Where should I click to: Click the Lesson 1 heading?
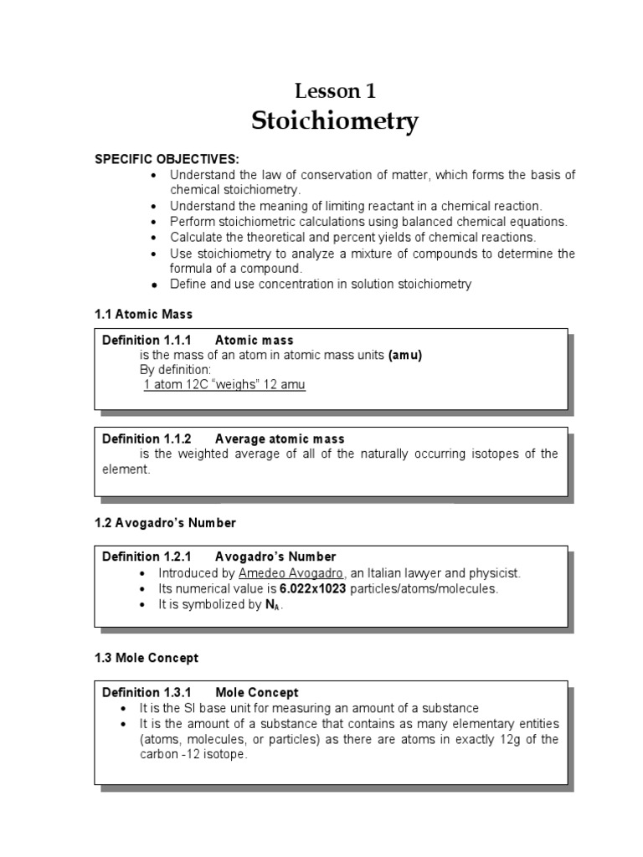tap(335, 91)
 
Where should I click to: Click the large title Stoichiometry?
tap(335, 121)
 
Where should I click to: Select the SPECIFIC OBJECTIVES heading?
tap(167, 159)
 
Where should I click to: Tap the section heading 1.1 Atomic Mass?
tap(142, 314)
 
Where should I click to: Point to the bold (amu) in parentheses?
tap(404, 355)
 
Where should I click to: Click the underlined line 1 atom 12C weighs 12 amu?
tap(224, 385)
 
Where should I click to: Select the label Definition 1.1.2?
tap(147, 439)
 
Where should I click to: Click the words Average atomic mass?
tap(280, 439)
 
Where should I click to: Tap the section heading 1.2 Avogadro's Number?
tap(165, 523)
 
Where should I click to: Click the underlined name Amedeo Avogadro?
tap(283, 572)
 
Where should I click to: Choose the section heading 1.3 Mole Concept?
tap(147, 658)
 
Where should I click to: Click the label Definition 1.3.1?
tap(147, 692)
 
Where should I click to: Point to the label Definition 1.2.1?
tap(147, 557)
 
